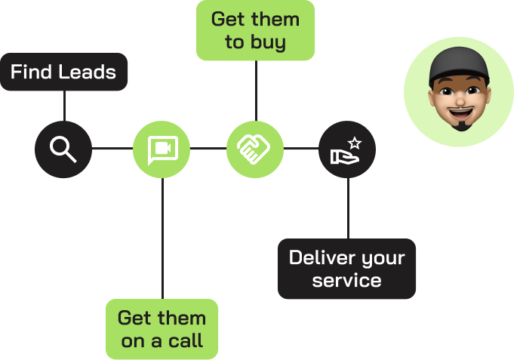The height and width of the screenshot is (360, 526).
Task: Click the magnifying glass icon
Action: (x=63, y=148)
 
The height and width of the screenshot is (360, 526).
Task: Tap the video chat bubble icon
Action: (x=161, y=148)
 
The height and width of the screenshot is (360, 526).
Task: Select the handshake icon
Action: (x=255, y=148)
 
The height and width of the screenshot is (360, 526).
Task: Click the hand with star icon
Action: (x=346, y=148)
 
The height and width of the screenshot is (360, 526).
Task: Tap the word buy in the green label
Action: (x=271, y=42)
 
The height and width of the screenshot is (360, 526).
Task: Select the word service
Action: (x=346, y=281)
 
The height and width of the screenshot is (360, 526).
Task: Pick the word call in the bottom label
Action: (x=186, y=341)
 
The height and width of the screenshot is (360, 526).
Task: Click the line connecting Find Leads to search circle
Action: (x=64, y=106)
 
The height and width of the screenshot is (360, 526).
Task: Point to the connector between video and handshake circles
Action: (x=208, y=148)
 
